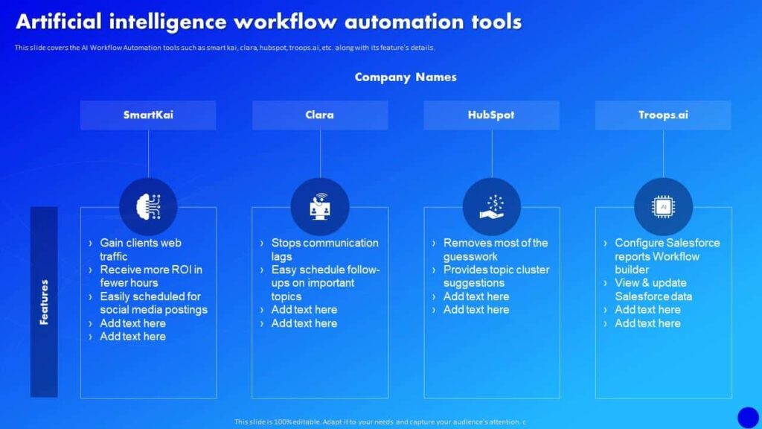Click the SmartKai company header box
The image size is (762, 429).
pyautogui.click(x=148, y=115)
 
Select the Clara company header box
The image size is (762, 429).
pyautogui.click(x=320, y=115)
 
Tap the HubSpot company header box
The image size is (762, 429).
pyautogui.click(x=491, y=115)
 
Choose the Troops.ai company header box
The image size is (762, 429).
pyautogui.click(x=663, y=115)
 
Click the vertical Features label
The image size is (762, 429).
pyautogui.click(x=44, y=302)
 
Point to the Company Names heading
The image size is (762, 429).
pyautogui.click(x=406, y=77)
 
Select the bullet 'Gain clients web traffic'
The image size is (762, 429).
pyautogui.click(x=140, y=250)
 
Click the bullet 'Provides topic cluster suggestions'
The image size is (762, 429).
pyautogui.click(x=496, y=276)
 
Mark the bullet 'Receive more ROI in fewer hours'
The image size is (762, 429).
pyautogui.click(x=150, y=276)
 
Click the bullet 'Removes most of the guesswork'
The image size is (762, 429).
pyautogui.click(x=495, y=250)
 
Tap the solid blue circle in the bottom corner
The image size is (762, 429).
pyautogui.click(x=747, y=417)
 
